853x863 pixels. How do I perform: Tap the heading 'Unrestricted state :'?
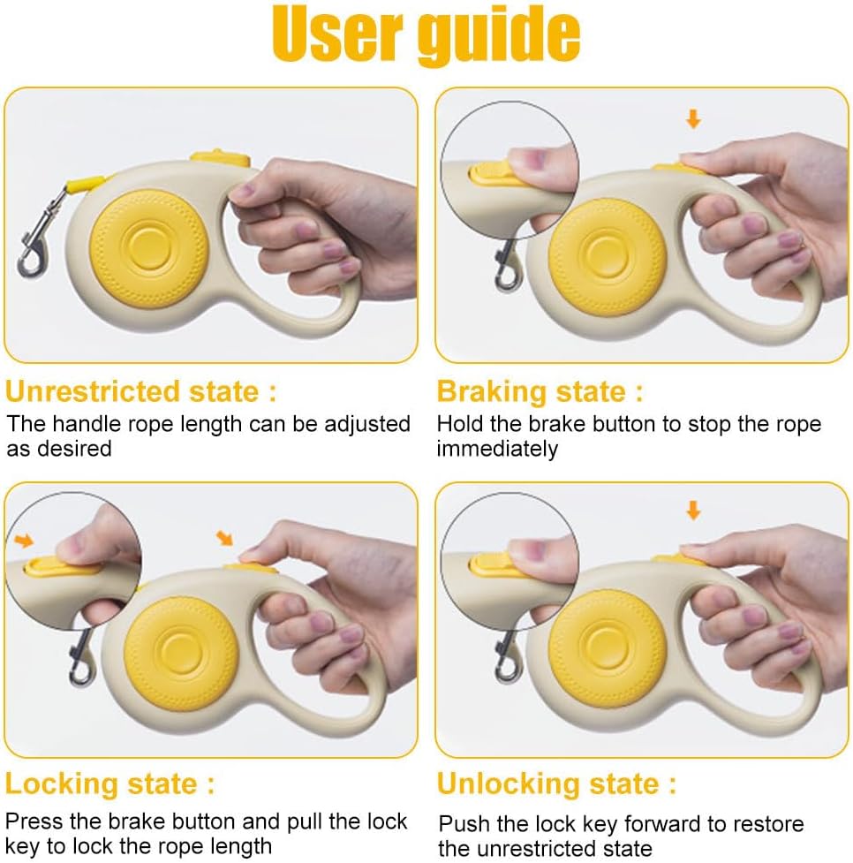point(141,391)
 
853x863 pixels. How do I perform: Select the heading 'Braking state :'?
point(540,392)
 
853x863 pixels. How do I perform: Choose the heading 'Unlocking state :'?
point(556,784)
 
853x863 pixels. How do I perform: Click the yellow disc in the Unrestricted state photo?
point(148,248)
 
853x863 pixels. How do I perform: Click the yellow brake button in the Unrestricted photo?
point(220,158)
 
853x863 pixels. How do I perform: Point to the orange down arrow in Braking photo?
point(693,118)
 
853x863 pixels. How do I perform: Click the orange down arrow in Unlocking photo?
point(693,511)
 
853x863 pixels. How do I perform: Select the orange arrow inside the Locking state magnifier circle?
point(24,541)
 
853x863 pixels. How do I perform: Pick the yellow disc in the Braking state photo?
point(608,257)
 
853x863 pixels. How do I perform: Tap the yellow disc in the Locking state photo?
point(181,654)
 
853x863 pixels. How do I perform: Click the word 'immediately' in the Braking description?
point(497,449)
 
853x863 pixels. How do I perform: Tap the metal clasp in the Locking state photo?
point(81,658)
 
